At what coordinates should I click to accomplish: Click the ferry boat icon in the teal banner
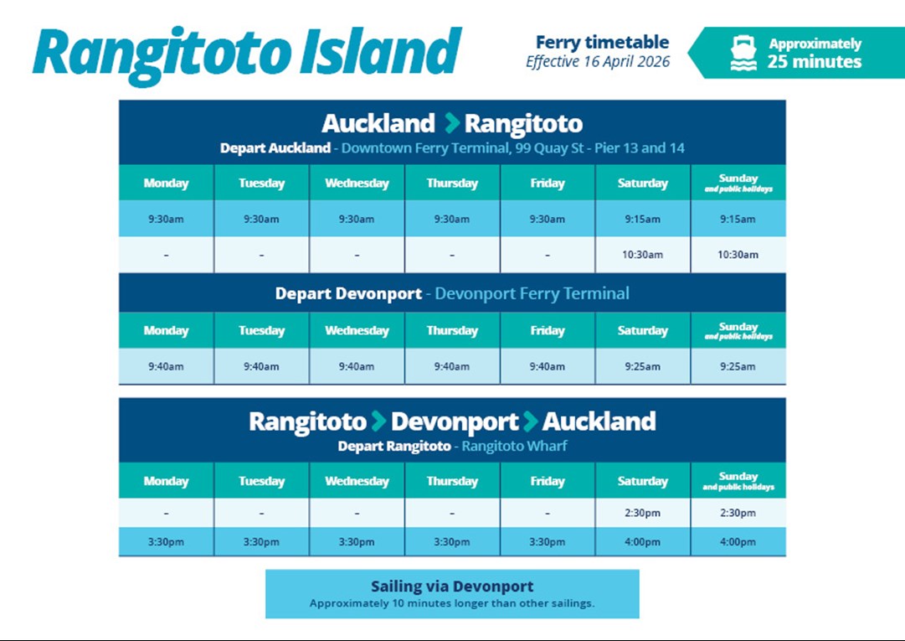click(x=743, y=53)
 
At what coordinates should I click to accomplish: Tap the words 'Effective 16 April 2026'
click(x=598, y=62)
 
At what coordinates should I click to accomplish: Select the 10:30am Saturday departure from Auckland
click(x=642, y=255)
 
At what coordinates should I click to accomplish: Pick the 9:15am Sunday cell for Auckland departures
click(x=738, y=220)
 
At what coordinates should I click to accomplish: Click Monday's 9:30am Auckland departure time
click(x=166, y=220)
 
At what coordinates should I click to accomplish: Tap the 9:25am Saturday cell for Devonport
click(x=642, y=367)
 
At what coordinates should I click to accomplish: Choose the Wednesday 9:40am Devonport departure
click(x=357, y=367)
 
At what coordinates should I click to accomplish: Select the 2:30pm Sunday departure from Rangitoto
click(x=738, y=513)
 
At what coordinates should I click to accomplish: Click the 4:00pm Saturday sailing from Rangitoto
click(x=642, y=542)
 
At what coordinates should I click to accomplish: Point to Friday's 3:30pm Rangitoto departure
click(x=548, y=542)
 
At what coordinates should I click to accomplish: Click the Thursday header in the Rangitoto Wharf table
click(x=452, y=481)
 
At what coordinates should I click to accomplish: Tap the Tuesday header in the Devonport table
click(x=261, y=331)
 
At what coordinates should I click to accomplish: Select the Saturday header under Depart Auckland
click(x=642, y=183)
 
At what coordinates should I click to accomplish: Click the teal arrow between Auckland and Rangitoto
click(x=452, y=123)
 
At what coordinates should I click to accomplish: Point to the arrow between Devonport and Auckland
click(x=530, y=421)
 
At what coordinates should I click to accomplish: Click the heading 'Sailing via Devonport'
click(x=452, y=587)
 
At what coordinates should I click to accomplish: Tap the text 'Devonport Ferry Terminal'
click(x=532, y=293)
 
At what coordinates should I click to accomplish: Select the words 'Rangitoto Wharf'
click(x=514, y=447)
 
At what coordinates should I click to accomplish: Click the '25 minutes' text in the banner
click(x=815, y=62)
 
